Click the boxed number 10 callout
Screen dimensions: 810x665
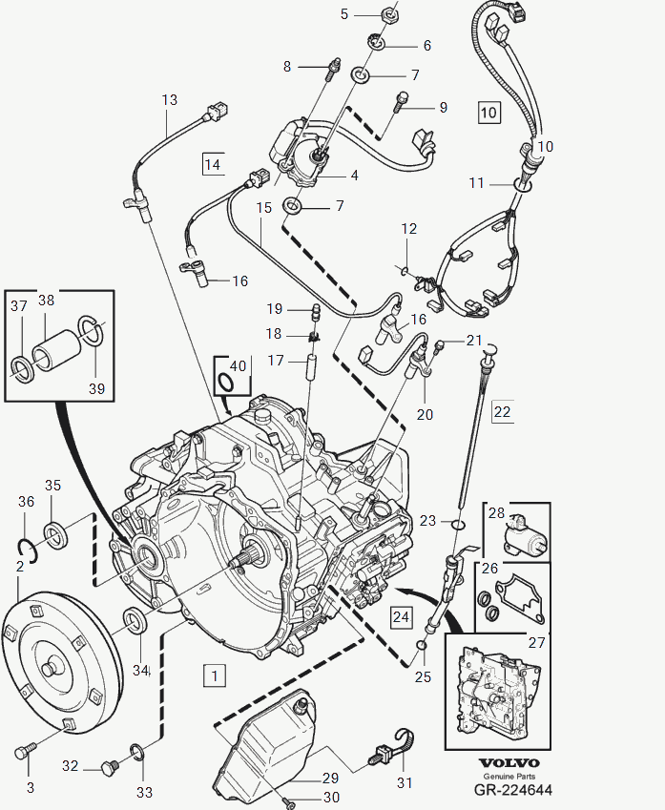[x=488, y=112]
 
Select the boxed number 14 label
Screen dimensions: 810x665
[x=212, y=164]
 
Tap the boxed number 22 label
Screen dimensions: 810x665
[x=502, y=411]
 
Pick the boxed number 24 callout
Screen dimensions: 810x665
[x=401, y=617]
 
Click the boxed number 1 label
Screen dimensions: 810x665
[x=215, y=675]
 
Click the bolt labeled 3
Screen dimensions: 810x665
[x=24, y=751]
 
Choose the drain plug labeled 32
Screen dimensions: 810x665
[x=108, y=765]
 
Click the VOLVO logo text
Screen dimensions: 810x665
[x=509, y=763]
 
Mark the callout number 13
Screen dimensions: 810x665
[x=169, y=100]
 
